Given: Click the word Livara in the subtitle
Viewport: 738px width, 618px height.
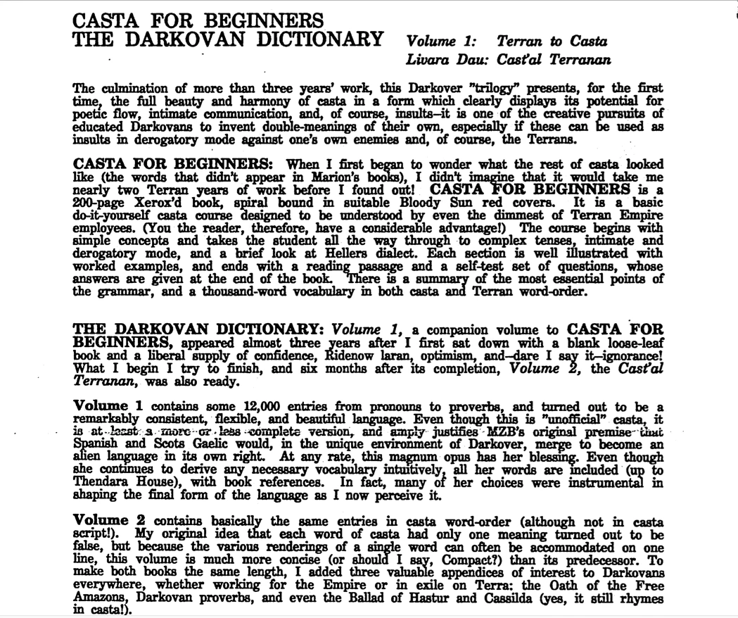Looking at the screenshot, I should click(431, 61).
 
